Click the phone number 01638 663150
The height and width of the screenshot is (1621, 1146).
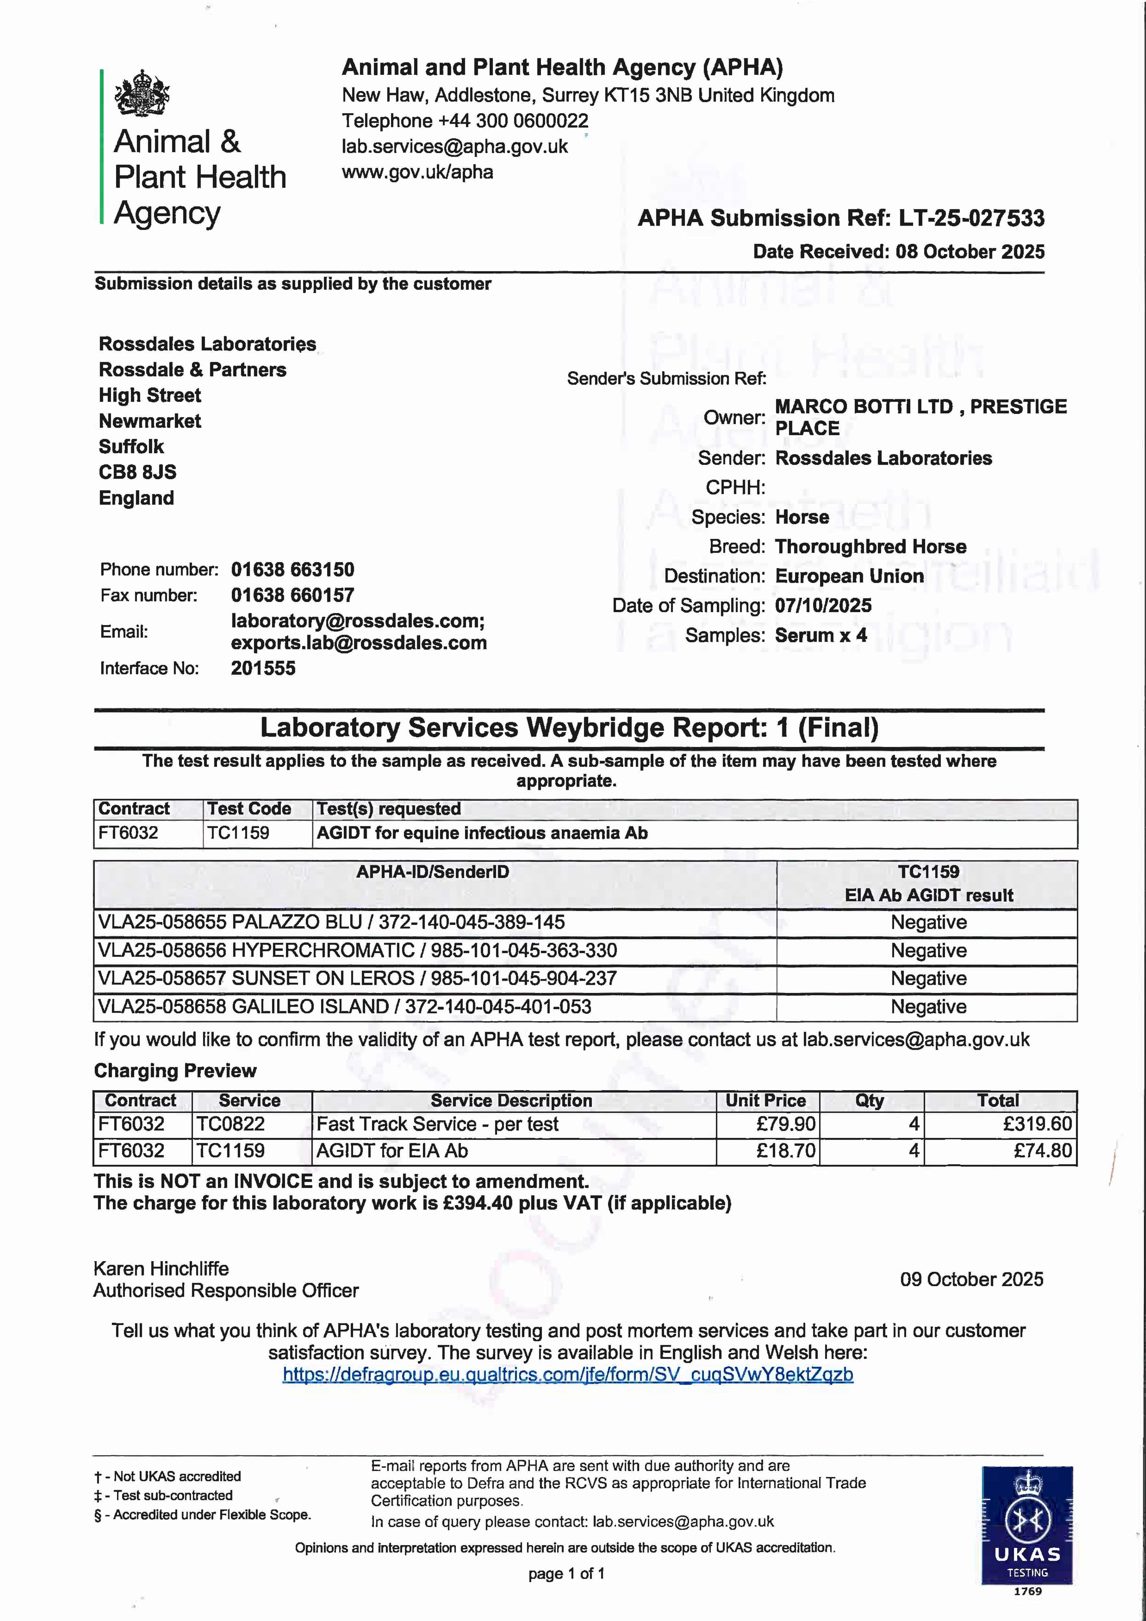292,570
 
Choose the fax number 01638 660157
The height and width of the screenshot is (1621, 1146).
292,595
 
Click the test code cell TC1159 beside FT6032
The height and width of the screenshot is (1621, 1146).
238,833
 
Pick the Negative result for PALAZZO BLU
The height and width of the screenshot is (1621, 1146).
928,923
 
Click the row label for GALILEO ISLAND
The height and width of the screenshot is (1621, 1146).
345,1007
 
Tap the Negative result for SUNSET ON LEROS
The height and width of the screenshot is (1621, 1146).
928,978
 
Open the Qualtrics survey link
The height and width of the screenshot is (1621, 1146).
568,1375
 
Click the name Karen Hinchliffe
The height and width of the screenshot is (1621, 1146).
161,1269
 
